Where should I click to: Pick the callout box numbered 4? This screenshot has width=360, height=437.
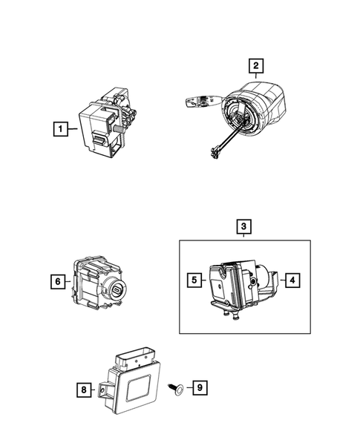[292, 280]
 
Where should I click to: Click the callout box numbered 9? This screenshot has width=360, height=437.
[199, 387]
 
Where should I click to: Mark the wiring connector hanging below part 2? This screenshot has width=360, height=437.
[216, 153]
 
